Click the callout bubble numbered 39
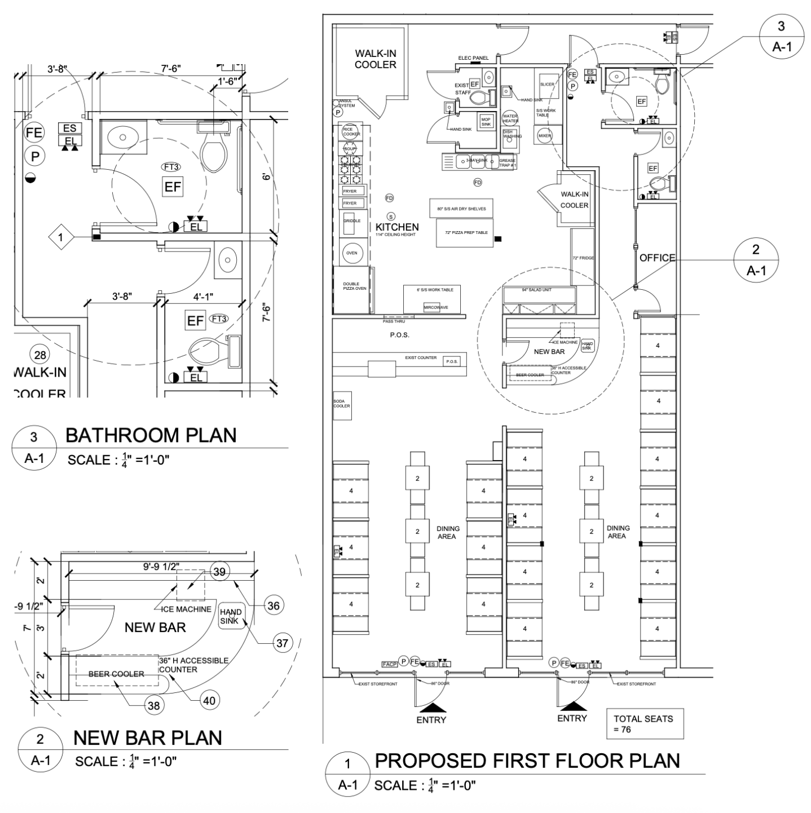pyautogui.click(x=220, y=572)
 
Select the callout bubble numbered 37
pyautogui.click(x=282, y=643)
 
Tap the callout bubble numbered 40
pyautogui.click(x=209, y=701)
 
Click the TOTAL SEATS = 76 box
pyautogui.click(x=645, y=724)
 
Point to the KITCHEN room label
pyautogui.click(x=397, y=227)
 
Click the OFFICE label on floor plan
pyautogui.click(x=657, y=258)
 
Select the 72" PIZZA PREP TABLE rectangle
pyautogui.click(x=462, y=233)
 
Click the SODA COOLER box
pyautogui.click(x=342, y=406)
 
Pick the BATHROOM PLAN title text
pyautogui.click(x=151, y=435)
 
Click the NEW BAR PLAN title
pyautogui.click(x=148, y=737)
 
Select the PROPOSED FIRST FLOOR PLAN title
pyautogui.click(x=527, y=761)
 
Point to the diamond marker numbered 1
pyautogui.click(x=61, y=237)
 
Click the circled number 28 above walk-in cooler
pyautogui.click(x=40, y=355)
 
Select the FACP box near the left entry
pyautogui.click(x=390, y=664)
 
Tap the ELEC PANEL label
pyautogui.click(x=473, y=58)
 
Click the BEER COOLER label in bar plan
pyautogui.click(x=116, y=674)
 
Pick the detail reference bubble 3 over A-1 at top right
pyautogui.click(x=781, y=36)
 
